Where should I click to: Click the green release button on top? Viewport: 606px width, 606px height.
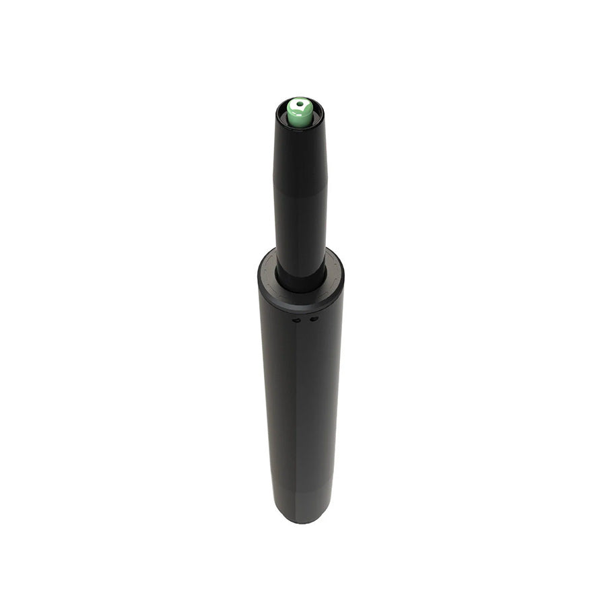300,112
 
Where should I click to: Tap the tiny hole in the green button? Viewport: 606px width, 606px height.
300,104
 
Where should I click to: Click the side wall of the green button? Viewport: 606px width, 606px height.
300,119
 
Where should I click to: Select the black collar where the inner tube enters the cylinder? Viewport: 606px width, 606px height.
300,283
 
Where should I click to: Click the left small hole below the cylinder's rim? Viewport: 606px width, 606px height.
296,320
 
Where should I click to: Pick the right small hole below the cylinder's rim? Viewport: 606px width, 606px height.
312,318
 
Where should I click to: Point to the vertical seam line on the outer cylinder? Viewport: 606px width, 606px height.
298,404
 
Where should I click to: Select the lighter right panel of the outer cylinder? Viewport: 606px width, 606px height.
320,404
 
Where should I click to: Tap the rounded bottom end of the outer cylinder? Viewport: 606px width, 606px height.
300,517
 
